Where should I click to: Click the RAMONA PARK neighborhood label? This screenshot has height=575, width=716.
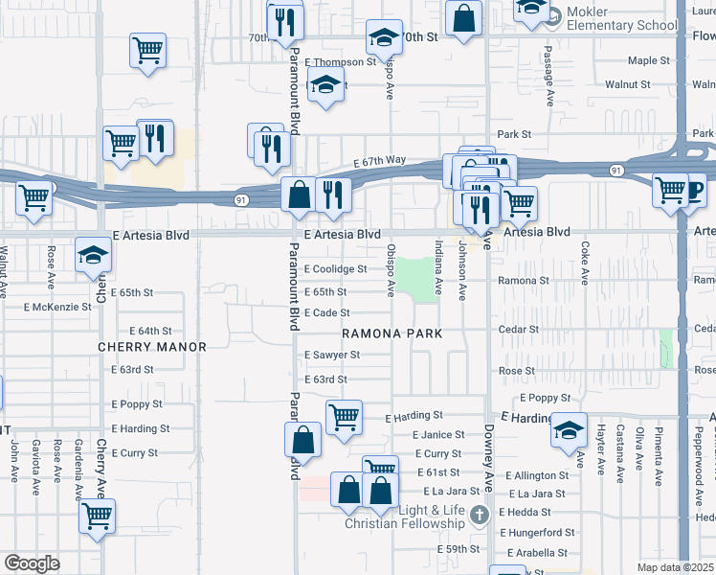pyautogui.click(x=393, y=333)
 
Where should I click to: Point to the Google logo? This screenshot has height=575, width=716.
pyautogui.click(x=32, y=563)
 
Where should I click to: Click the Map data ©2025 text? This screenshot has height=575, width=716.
pyautogui.click(x=675, y=567)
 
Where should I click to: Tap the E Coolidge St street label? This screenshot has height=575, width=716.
pyautogui.click(x=335, y=269)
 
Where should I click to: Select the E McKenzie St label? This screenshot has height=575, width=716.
pyautogui.click(x=57, y=308)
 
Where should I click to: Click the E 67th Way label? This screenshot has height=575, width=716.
pyautogui.click(x=379, y=160)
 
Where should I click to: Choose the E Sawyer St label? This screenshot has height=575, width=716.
pyautogui.click(x=331, y=355)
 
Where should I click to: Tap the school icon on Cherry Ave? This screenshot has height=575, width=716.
pyautogui.click(x=93, y=254)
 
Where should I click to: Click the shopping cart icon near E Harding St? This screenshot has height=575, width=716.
pyautogui.click(x=343, y=417)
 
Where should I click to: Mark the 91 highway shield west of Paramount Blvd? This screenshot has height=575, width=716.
pyautogui.click(x=242, y=199)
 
